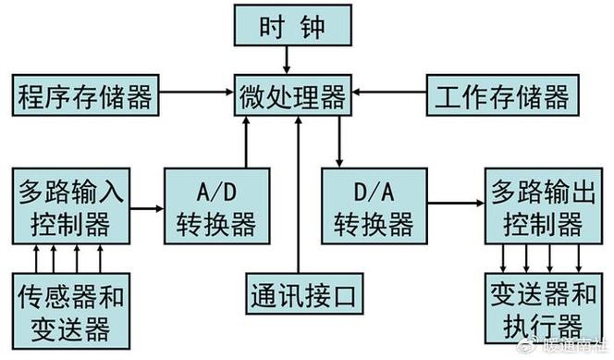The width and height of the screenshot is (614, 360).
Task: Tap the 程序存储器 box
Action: tap(84, 93)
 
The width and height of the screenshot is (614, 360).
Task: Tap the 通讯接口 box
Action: tap(303, 295)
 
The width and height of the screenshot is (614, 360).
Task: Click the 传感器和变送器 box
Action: tap(70, 309)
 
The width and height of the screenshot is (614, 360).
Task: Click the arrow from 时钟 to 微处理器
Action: tap(288, 59)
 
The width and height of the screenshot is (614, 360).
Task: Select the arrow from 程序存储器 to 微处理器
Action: tap(195, 93)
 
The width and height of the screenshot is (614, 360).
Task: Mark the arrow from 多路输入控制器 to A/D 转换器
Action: tap(146, 208)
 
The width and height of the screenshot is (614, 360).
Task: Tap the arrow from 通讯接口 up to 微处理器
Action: tap(298, 194)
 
